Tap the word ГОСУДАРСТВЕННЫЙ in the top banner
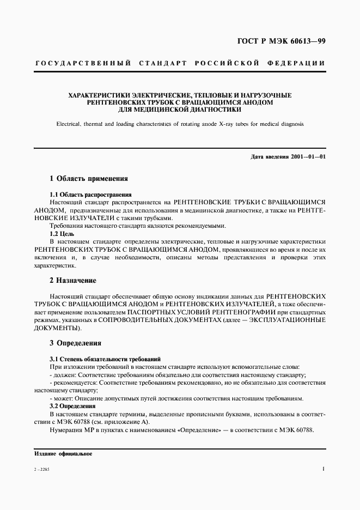coord(82,64)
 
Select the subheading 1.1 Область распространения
coord(90,194)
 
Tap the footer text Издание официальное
coord(63,453)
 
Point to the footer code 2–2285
coord(41,469)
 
